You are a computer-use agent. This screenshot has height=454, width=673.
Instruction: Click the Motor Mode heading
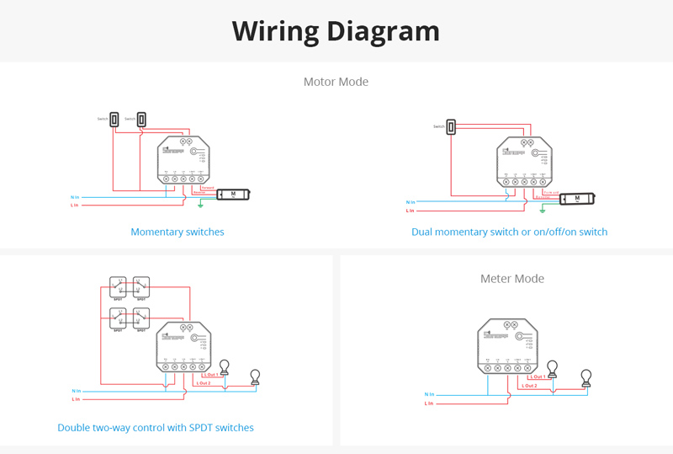coord(336,82)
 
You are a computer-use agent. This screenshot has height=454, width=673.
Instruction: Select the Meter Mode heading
coord(512,278)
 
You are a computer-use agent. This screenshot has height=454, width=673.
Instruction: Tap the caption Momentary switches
coord(178,232)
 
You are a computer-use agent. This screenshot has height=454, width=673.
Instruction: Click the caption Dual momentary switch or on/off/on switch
coord(509,232)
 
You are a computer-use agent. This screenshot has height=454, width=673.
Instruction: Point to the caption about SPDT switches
coord(156,428)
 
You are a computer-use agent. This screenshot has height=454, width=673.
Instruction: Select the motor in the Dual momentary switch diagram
coord(577,199)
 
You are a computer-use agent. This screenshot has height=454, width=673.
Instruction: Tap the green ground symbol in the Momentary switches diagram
coord(200,204)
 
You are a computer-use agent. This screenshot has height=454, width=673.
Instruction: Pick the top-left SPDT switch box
coord(118,288)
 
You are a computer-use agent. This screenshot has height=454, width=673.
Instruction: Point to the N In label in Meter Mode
coord(429,394)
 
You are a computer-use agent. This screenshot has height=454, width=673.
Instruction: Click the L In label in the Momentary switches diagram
coord(74,205)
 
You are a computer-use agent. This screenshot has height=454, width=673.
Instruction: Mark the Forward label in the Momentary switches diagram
coord(208,187)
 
